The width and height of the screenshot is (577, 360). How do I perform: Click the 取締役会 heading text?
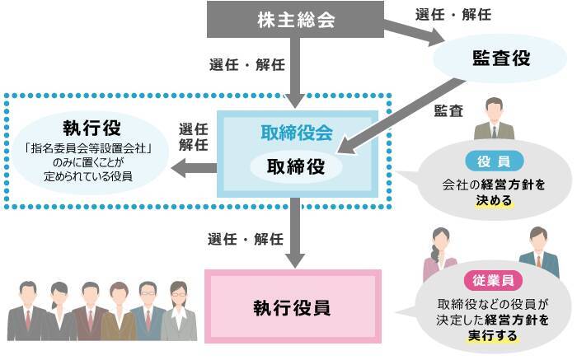tap(296, 132)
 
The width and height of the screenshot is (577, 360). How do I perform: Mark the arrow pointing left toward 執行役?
tap(193, 170)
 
